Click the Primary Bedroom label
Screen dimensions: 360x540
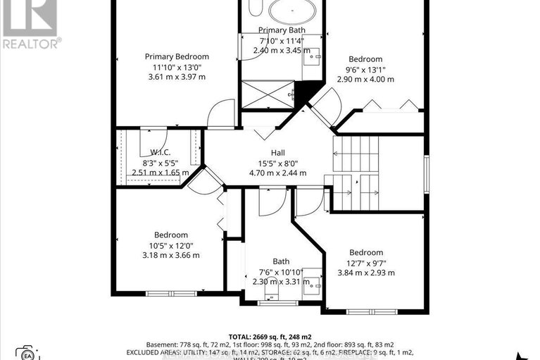pyautogui.click(x=177, y=56)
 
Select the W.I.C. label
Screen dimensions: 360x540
pyautogui.click(x=161, y=152)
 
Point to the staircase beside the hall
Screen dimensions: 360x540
pyautogui.click(x=356, y=173)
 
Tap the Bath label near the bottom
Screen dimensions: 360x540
pyautogui.click(x=281, y=261)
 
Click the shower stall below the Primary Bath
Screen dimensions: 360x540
pyautogui.click(x=267, y=94)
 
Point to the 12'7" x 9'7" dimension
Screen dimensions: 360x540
pyautogui.click(x=366, y=263)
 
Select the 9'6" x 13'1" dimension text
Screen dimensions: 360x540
pyautogui.click(x=366, y=69)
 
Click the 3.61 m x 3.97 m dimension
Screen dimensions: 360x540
pyautogui.click(x=177, y=76)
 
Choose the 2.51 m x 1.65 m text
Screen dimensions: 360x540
pyautogui.click(x=161, y=172)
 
